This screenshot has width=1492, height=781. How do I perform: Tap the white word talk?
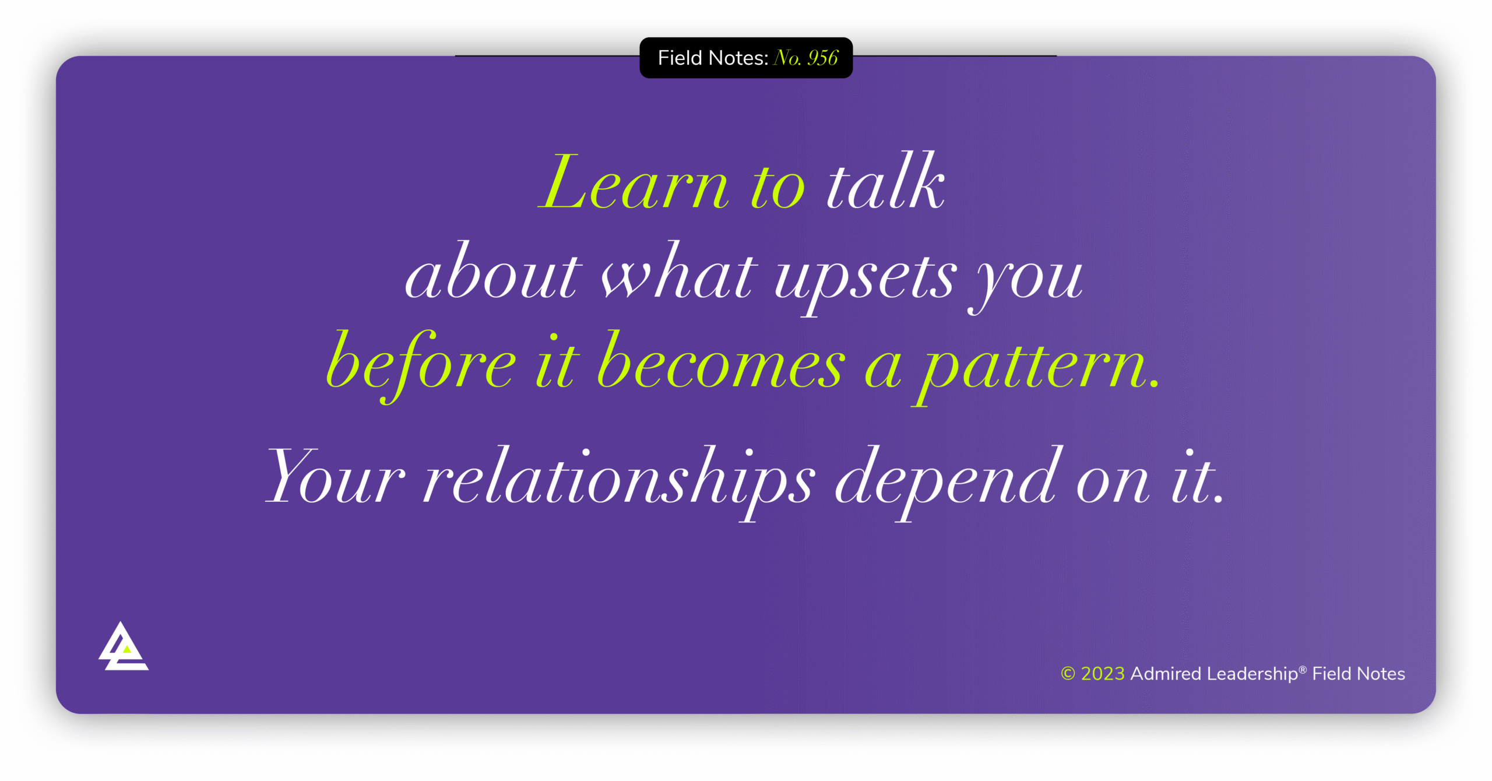pyautogui.click(x=886, y=184)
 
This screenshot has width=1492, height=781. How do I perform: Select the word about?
pyautogui.click(x=493, y=274)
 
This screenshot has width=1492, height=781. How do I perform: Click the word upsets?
pyautogui.click(x=865, y=277)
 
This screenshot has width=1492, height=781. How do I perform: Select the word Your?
pyautogui.click(x=335, y=478)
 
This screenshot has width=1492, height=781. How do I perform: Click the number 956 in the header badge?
pyautogui.click(x=822, y=58)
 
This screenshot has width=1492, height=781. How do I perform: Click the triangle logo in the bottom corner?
pyautogui.click(x=123, y=648)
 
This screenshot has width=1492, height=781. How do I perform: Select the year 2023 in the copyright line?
pyautogui.click(x=1103, y=674)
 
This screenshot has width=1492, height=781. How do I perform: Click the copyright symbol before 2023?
pyautogui.click(x=1068, y=674)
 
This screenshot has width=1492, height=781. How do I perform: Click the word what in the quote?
pyautogui.click(x=679, y=274)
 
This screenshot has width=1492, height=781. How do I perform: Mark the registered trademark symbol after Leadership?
pyautogui.click(x=1303, y=670)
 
